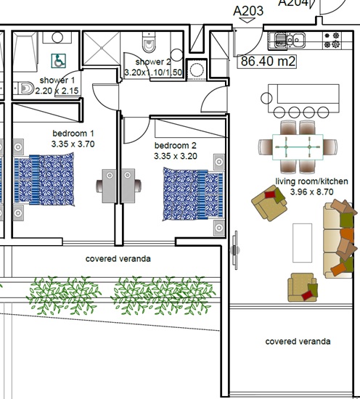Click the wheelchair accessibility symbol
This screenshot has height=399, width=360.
pos(59,61)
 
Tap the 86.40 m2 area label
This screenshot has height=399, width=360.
pos(267,62)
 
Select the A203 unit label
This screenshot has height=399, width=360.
pos(248,11)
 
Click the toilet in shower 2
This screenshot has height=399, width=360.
pos(149,42)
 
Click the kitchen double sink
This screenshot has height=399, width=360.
pos(287,40)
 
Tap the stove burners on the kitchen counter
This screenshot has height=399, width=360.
pos(332,40)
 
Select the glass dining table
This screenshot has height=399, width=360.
pos(298,147)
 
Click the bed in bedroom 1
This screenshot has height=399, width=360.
pos(44,179)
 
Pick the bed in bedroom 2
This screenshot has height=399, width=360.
pos(194,194)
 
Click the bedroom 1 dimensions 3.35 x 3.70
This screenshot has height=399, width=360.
pos(73,144)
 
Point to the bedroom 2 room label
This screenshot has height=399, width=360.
pos(176,146)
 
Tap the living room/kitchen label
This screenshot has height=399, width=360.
pos(311,181)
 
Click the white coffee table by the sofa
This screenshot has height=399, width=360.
pos(302,243)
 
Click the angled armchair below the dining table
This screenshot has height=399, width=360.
pos(269,203)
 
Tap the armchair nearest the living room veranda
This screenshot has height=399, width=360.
pos(303,287)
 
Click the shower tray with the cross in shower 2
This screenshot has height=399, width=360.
pos(102,48)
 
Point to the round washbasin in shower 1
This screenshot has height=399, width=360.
pos(57,38)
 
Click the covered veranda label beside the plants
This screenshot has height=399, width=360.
pos(118,259)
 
